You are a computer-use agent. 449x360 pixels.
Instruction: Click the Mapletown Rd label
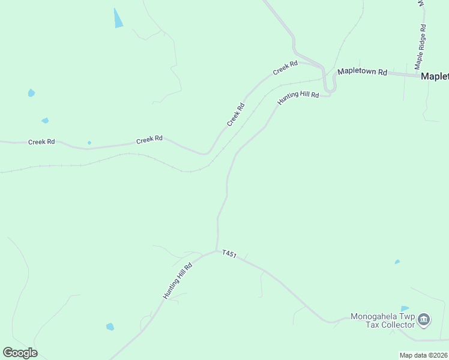click(361, 71)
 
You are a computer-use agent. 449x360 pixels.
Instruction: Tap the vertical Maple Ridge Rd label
click(421, 46)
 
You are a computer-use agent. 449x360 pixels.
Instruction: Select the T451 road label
click(229, 254)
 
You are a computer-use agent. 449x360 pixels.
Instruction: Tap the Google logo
click(20, 353)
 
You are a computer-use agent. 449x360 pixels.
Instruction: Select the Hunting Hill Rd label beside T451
click(177, 281)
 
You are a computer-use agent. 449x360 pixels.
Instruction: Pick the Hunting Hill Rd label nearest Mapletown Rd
click(298, 98)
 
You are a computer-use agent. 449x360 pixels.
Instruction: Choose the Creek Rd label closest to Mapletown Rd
click(285, 68)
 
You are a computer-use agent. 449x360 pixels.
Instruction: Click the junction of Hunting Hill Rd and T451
click(217, 251)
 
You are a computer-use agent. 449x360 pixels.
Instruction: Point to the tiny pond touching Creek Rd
click(89, 143)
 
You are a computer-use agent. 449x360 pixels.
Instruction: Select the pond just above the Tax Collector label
click(404, 308)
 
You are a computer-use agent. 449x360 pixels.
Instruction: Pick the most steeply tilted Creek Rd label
click(236, 115)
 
